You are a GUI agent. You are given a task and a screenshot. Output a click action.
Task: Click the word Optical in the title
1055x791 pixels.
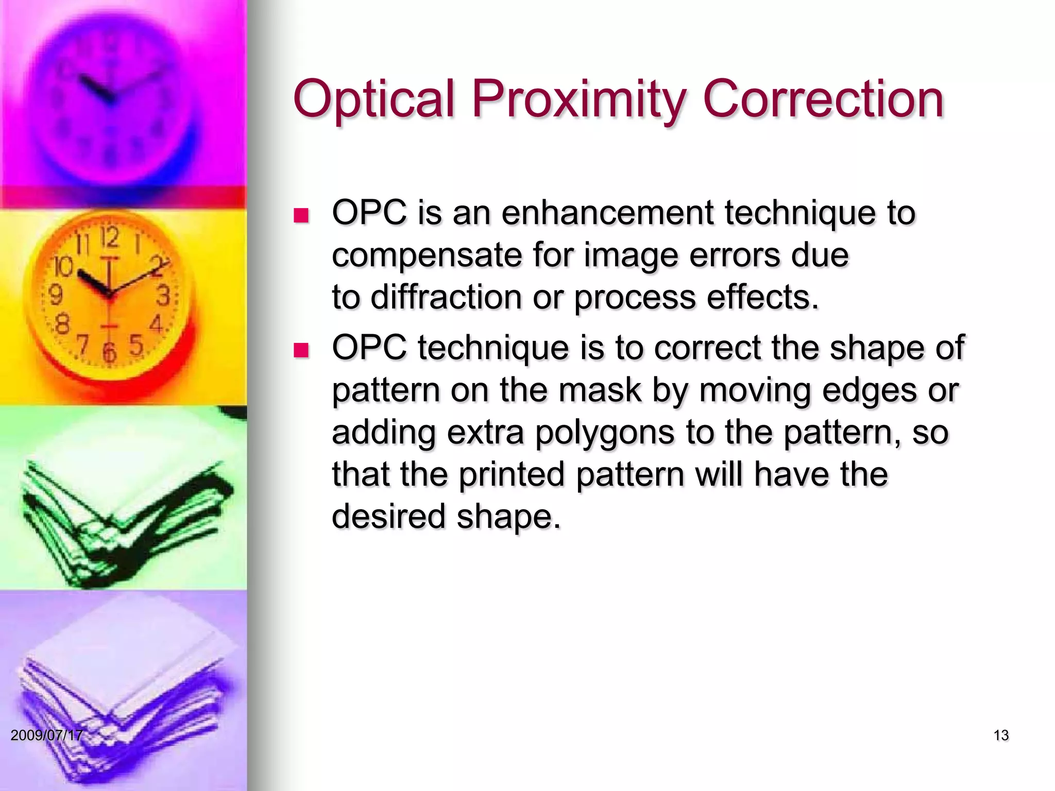(x=375, y=99)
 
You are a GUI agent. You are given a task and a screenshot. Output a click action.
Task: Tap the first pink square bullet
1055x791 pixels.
(x=300, y=215)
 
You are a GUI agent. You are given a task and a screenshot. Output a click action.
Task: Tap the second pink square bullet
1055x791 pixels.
(x=300, y=351)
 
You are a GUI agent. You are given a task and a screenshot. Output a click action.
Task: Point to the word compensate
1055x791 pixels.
(x=427, y=256)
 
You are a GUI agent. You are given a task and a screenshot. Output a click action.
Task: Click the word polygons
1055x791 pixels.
(x=604, y=433)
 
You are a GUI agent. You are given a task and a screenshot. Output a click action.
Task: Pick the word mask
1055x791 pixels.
(x=599, y=390)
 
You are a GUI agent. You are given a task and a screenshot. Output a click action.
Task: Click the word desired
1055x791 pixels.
(x=388, y=516)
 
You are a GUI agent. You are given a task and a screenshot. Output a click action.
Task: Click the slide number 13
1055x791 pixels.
(x=1000, y=735)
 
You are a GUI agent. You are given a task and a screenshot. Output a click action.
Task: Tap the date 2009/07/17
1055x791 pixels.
(x=46, y=735)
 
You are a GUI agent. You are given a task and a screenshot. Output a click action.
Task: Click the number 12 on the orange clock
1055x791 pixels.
(x=110, y=238)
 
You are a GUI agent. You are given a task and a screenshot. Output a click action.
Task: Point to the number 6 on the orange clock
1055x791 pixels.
(x=109, y=352)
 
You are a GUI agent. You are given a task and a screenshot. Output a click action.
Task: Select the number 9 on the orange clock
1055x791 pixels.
(x=55, y=295)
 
